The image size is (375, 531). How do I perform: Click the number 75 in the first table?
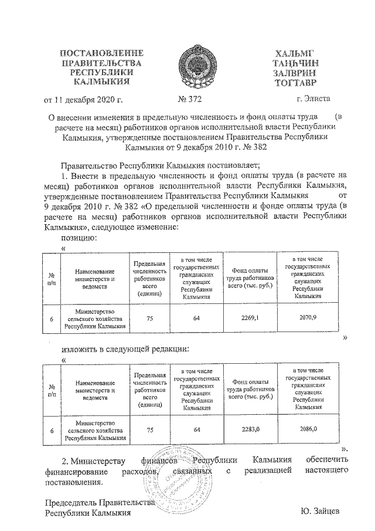coord(150,318)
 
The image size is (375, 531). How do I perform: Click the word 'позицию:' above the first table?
coord(79,238)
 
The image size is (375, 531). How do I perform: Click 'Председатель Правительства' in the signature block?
coord(100,502)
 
